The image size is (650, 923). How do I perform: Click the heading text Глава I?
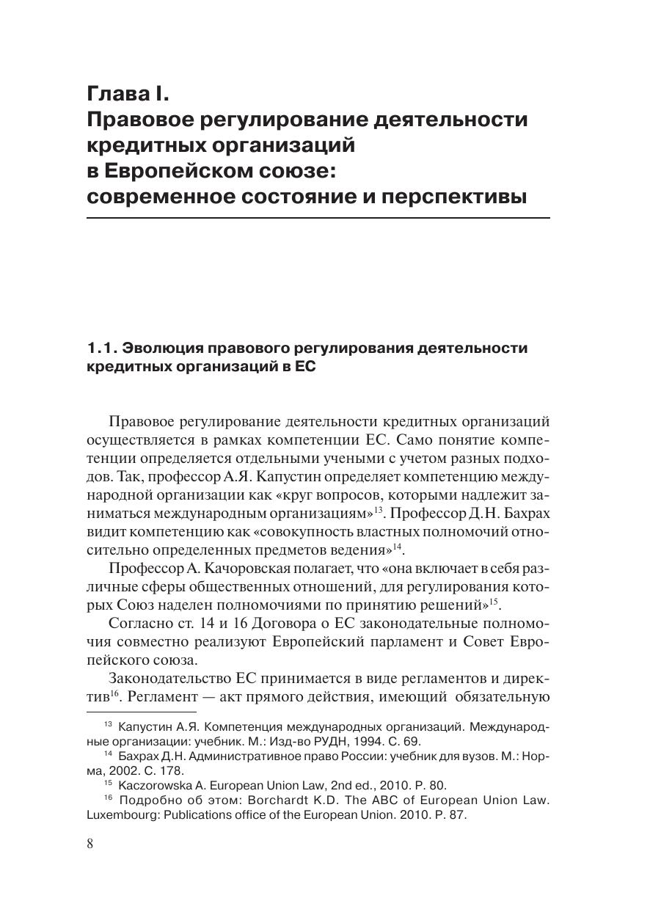tap(128, 94)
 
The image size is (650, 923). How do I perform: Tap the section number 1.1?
tap(101, 348)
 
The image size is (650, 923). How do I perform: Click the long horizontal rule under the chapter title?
tap(318, 218)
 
